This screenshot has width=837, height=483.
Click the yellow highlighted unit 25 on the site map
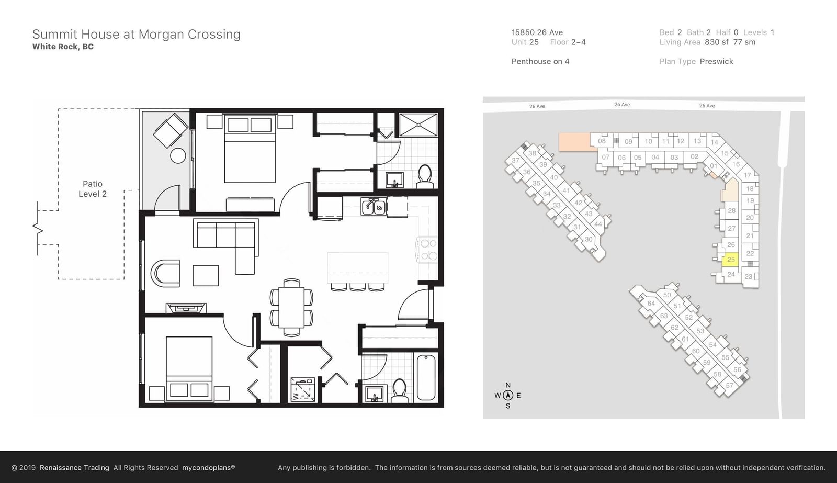pos(730,260)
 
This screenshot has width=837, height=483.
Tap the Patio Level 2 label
pos(92,189)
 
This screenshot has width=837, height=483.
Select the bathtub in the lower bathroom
pos(426,378)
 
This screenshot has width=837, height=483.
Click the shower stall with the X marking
pos(418,125)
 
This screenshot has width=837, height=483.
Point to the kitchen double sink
pos(374,207)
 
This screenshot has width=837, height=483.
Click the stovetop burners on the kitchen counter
pos(428,250)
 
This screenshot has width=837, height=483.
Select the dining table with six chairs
pos(291,307)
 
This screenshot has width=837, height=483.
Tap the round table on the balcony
pos(178,155)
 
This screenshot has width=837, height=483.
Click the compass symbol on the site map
pos(508,395)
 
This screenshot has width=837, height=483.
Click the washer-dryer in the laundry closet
pos(303,389)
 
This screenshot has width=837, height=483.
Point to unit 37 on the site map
pos(516,160)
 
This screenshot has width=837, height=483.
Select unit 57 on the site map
pos(729,386)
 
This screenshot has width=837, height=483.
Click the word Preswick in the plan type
pos(716,61)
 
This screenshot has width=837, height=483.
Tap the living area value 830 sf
pos(716,42)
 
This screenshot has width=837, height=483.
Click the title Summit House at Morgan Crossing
pos(137,35)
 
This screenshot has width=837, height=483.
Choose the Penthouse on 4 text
pos(540,61)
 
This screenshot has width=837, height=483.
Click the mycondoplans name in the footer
pos(209,468)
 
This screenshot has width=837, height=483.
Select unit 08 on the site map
pos(602,141)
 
